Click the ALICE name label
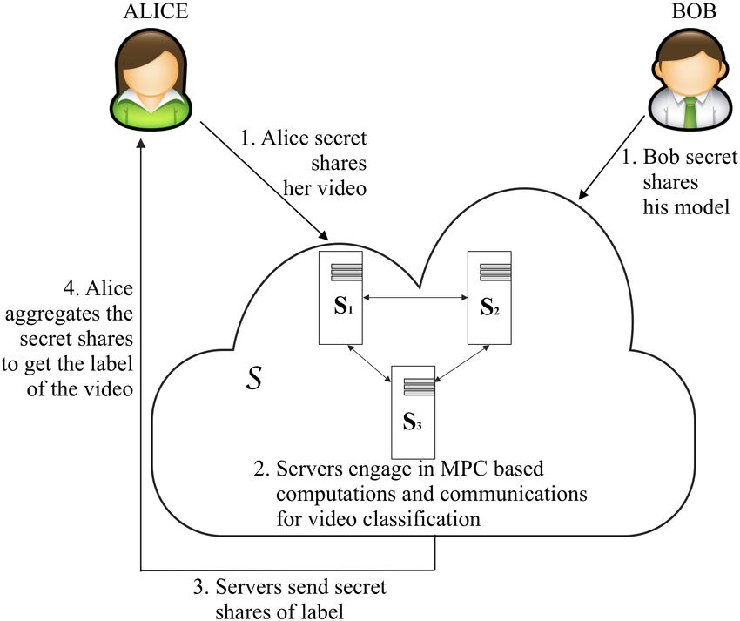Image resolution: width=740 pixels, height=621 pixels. tap(156, 12)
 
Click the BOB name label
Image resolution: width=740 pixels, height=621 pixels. tap(694, 12)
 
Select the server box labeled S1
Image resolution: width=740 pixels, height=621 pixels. tap(340, 298)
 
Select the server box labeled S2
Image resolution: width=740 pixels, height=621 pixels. tap(489, 298)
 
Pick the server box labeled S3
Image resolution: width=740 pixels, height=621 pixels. tap(413, 412)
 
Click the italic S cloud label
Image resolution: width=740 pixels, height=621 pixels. tap(254, 378)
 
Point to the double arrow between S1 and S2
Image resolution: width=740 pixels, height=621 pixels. tap(415, 298)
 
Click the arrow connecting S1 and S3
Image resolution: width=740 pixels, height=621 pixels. tap(369, 362)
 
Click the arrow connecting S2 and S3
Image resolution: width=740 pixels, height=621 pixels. tap(461, 362)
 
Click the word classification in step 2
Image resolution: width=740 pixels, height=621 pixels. tap(421, 518)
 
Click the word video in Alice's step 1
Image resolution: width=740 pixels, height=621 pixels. tap(342, 188)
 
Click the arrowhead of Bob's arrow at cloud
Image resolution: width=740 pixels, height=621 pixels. tap(583, 193)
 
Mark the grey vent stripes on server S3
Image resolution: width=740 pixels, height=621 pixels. tap(419, 387)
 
